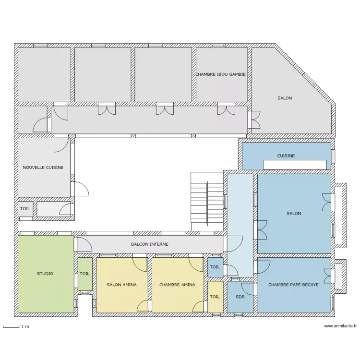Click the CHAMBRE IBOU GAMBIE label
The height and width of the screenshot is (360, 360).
pyautogui.click(x=221, y=74)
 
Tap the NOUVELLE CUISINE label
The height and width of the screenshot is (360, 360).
pyautogui.click(x=43, y=168)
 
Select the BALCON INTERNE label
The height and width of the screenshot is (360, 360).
pyautogui.click(x=150, y=244)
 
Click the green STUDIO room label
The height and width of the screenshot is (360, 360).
pyautogui.click(x=45, y=274)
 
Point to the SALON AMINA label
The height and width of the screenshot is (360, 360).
pyautogui.click(x=122, y=285)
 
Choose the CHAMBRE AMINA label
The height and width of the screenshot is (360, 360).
pyautogui.click(x=177, y=285)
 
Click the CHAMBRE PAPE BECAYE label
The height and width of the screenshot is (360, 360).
pyautogui.click(x=293, y=285)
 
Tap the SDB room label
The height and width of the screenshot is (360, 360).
pyautogui.click(x=240, y=297)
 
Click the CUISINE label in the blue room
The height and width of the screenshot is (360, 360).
pyautogui.click(x=286, y=156)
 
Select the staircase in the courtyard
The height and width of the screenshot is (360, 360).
pyautogui.click(x=207, y=201)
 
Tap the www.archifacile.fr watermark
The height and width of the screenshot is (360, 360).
pyautogui.click(x=340, y=326)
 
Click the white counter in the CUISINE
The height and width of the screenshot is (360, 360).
pyautogui.click(x=295, y=165)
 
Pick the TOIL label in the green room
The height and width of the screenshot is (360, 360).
pyautogui.click(x=84, y=274)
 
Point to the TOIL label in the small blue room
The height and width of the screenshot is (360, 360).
pyautogui.click(x=215, y=267)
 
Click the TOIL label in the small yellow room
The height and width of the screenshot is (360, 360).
pyautogui.click(x=215, y=297)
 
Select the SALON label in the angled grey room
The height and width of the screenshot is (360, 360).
pyautogui.click(x=285, y=98)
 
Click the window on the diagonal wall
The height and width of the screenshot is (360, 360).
pyautogui.click(x=309, y=79)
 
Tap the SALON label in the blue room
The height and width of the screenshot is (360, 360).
pyautogui.click(x=294, y=214)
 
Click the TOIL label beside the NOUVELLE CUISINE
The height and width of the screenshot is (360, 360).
pyautogui.click(x=25, y=209)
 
